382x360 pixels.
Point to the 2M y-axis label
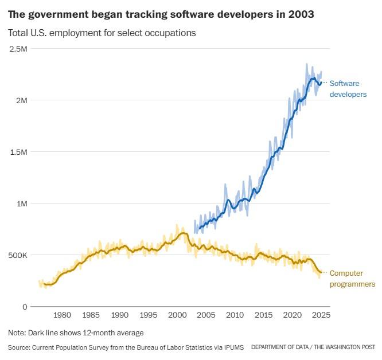(21, 100)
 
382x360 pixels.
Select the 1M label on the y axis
(21, 204)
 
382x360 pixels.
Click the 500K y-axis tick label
(18, 255)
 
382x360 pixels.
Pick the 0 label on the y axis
(25, 307)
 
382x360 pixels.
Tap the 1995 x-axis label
(149, 315)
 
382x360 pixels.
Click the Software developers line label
(348, 89)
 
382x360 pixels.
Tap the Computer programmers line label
(352, 279)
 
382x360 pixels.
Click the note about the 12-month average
(76, 333)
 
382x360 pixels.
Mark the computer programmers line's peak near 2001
(183, 233)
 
